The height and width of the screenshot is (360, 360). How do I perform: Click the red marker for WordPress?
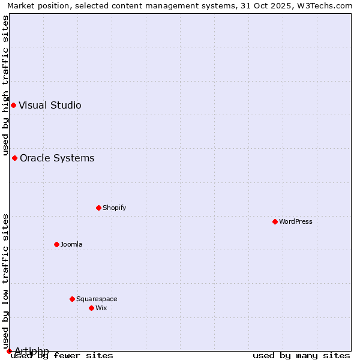275,221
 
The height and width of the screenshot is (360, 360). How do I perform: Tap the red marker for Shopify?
98,208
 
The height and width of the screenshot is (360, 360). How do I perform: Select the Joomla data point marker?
56,244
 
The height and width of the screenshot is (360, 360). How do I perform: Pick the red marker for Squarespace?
72,299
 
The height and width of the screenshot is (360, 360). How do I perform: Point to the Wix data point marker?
91,308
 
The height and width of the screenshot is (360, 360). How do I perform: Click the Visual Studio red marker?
13,105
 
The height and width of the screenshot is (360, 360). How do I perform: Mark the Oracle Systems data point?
14,158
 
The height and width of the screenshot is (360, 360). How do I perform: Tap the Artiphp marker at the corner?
9,351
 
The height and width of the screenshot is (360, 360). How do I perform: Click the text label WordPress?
296,221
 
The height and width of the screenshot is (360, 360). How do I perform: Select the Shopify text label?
114,208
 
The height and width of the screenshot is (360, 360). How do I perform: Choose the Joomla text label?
71,244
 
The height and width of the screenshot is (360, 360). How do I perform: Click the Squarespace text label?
97,299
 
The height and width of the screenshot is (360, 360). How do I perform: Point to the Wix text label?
101,308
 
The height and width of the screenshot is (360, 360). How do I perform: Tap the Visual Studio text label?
50,105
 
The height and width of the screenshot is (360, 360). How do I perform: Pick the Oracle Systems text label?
57,158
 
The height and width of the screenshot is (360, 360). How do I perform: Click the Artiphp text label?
32,351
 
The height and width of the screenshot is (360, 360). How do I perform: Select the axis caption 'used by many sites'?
301,355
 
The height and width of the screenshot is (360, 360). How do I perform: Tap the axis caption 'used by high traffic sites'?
5,83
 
